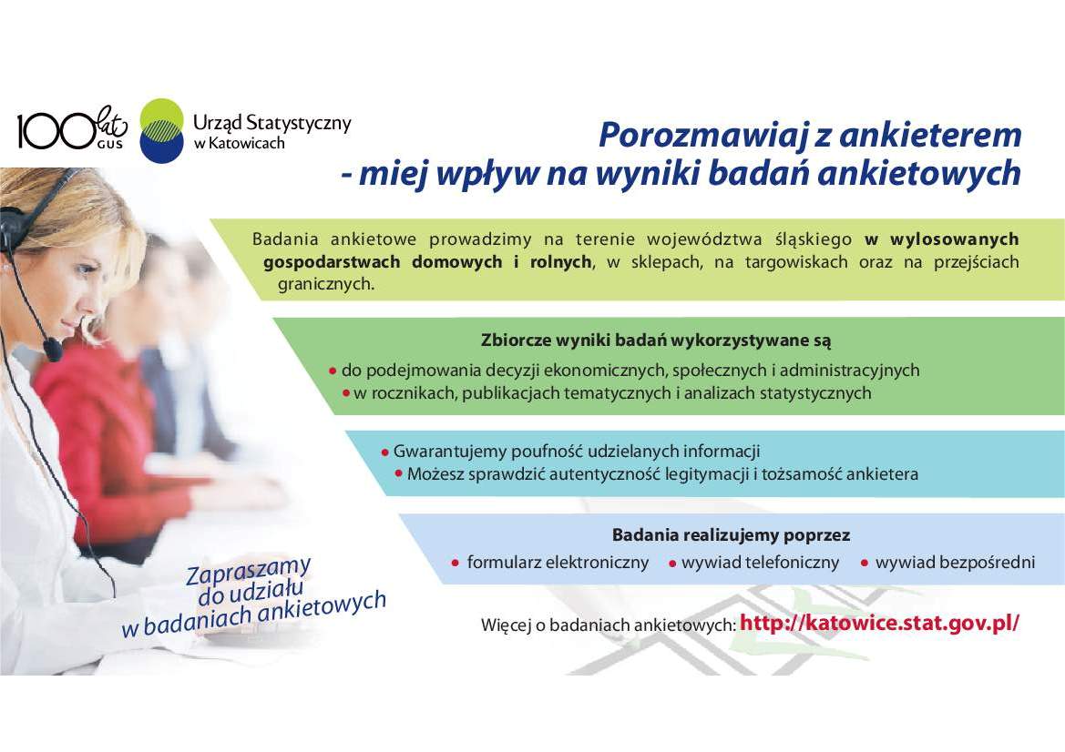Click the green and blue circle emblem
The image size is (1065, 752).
(162, 131)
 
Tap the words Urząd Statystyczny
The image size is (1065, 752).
(271, 123)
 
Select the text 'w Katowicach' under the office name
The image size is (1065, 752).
(239, 144)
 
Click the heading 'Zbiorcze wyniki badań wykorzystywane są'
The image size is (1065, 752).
(656, 341)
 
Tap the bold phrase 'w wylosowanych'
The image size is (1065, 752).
(942, 239)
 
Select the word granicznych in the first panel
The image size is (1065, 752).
(325, 284)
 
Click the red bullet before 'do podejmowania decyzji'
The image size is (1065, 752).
(333, 371)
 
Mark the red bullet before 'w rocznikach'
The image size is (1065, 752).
(346, 394)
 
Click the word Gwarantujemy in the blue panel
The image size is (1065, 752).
(441, 452)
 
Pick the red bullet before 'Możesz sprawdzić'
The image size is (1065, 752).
(398, 474)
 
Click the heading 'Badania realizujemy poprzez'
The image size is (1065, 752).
(731, 535)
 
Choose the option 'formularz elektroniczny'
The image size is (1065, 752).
(558, 563)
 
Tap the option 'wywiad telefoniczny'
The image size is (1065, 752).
(760, 563)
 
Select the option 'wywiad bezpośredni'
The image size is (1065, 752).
(955, 563)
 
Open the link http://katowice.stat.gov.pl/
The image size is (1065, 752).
(879, 624)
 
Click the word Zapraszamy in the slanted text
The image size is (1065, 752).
(249, 571)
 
